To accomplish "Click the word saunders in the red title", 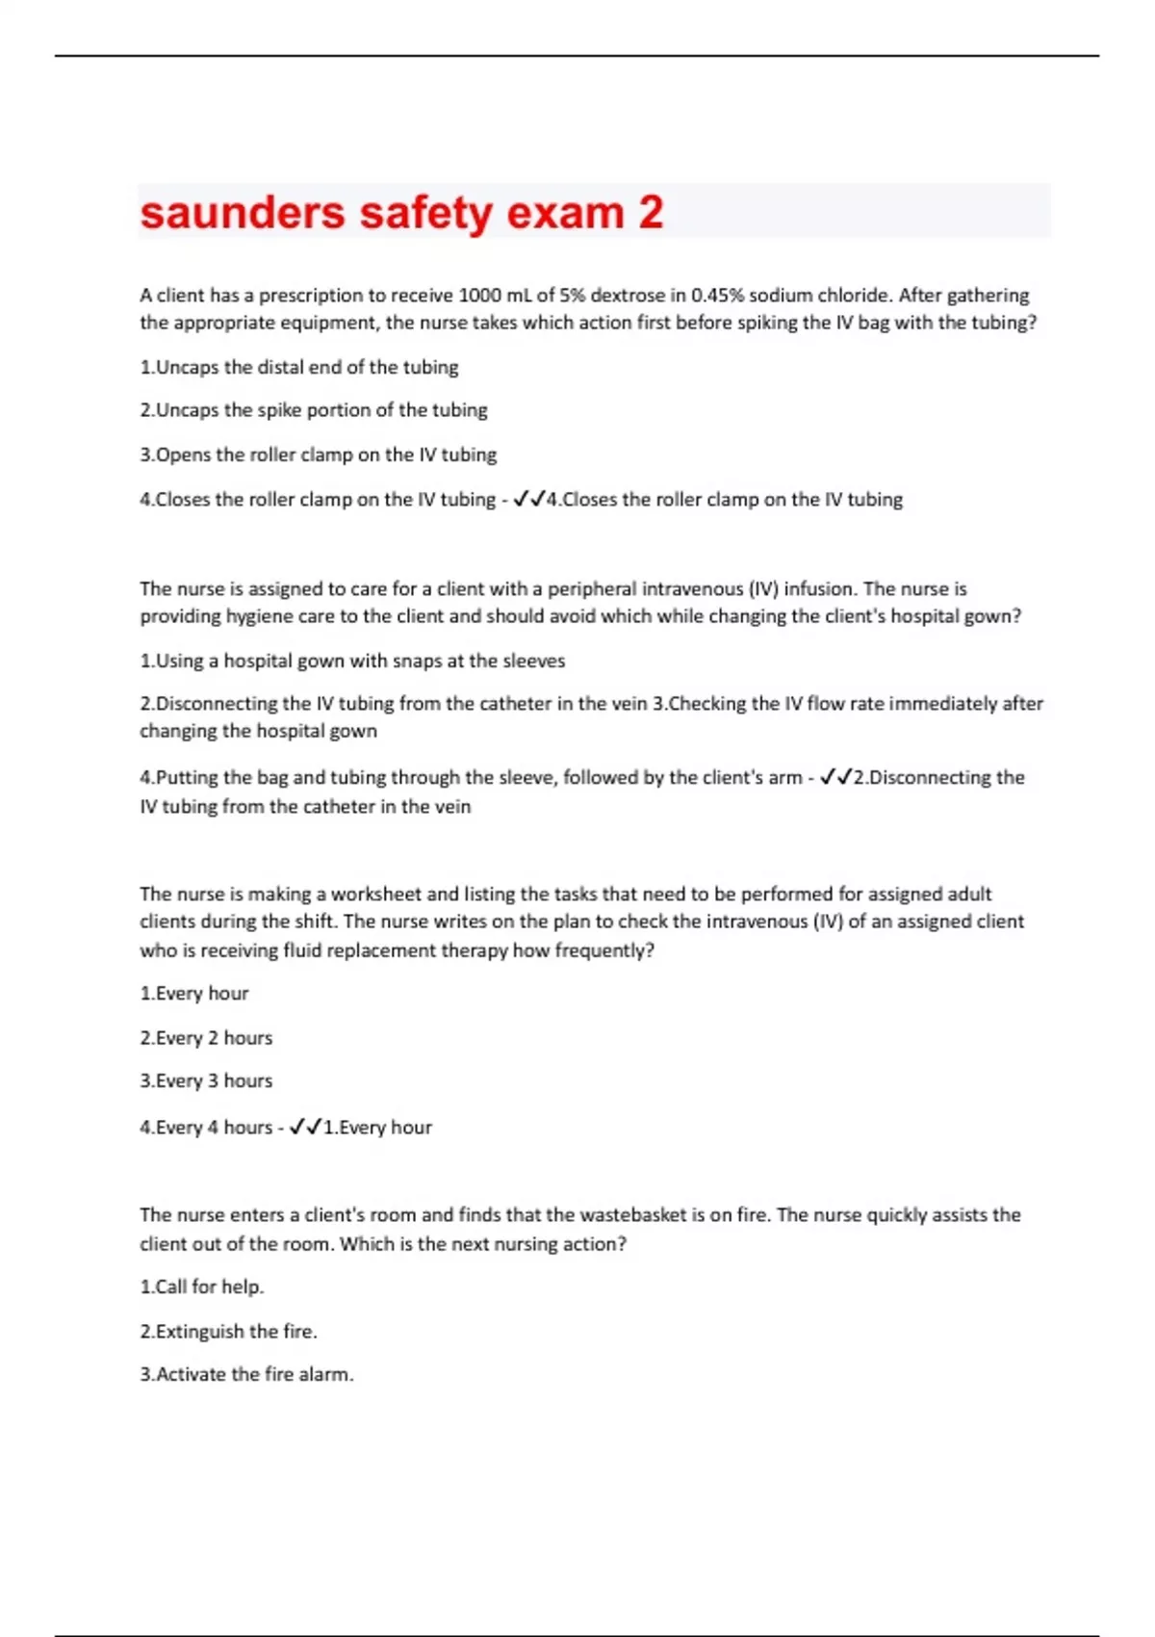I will point(242,213).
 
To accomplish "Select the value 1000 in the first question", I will point(480,296).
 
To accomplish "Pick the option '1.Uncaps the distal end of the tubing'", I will point(299,367).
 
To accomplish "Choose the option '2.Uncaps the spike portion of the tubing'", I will point(314,410).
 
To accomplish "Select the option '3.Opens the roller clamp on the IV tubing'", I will point(319,455).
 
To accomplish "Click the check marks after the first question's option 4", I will point(528,499).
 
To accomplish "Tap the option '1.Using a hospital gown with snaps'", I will point(352,661).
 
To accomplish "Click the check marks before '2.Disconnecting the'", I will point(835,777).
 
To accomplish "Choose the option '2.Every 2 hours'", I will point(206,1038).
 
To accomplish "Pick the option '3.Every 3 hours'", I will point(206,1080).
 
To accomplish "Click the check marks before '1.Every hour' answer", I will point(305,1127).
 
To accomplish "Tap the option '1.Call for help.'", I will point(202,1286).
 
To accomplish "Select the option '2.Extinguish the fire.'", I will point(229,1331).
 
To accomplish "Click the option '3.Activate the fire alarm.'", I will point(247,1374).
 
